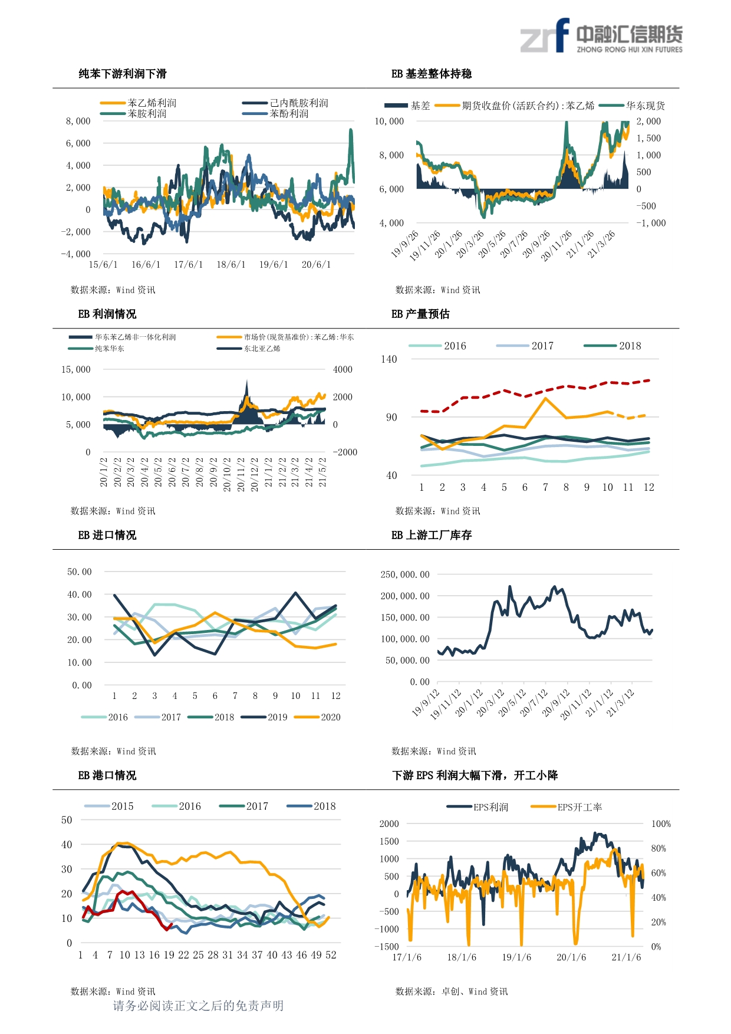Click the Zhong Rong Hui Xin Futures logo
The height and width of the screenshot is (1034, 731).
(x=601, y=37)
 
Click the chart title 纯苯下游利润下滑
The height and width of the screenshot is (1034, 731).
(x=123, y=74)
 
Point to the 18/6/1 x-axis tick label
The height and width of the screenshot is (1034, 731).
(x=231, y=265)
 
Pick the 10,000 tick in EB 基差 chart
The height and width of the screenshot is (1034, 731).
(x=389, y=122)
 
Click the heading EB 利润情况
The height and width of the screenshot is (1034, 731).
(x=107, y=314)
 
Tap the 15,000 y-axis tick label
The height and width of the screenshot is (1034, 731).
(x=76, y=369)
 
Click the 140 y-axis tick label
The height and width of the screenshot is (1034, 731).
(x=389, y=359)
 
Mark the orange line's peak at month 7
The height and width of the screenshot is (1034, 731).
(x=545, y=398)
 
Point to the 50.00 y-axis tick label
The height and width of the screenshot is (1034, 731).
(x=80, y=572)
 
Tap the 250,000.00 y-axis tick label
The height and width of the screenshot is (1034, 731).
(x=405, y=575)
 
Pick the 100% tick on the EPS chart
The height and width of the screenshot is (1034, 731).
(x=661, y=824)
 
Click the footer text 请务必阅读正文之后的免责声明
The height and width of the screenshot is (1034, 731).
(x=198, y=1006)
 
